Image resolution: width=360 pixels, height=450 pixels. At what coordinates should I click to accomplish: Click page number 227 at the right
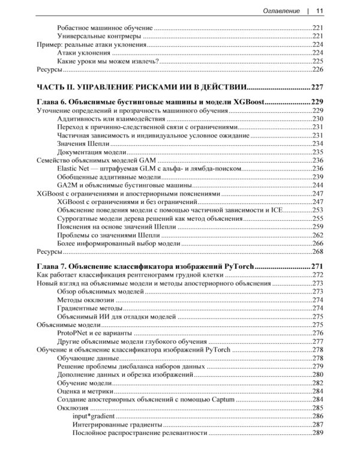tap(317, 85)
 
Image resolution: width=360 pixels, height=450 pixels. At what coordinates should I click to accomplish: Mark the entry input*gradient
tap(94, 415)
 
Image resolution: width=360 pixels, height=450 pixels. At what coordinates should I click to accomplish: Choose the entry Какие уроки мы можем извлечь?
tap(107, 61)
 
